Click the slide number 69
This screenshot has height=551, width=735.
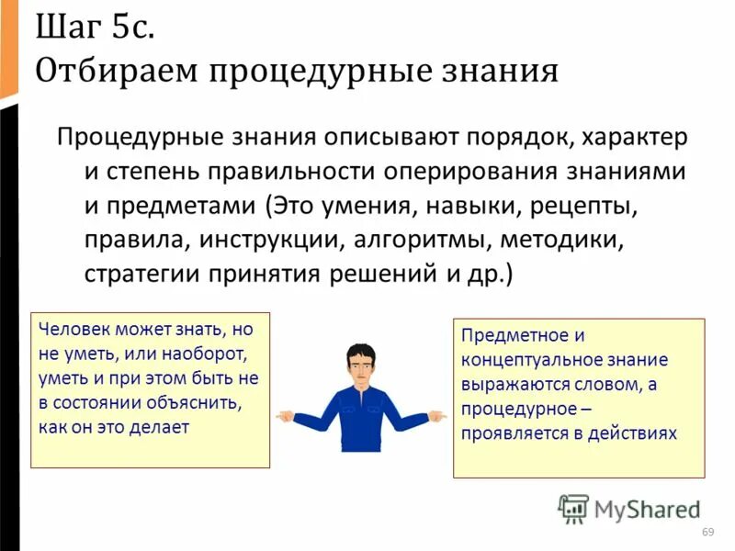point(707,534)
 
